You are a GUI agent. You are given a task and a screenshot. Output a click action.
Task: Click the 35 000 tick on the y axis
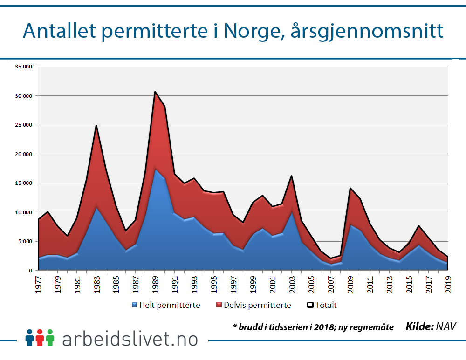click(23, 67)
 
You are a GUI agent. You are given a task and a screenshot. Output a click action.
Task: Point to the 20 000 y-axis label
click(23, 154)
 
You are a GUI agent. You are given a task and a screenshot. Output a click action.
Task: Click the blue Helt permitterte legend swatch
click(135, 305)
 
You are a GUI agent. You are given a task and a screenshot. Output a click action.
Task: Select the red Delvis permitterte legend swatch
click(220, 305)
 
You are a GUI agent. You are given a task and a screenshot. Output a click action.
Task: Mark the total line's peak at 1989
click(155, 92)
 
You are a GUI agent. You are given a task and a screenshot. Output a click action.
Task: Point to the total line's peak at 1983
click(96, 125)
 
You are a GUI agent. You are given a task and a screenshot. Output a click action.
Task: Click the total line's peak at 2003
click(291, 176)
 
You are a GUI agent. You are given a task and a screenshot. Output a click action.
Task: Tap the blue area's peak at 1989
click(155, 169)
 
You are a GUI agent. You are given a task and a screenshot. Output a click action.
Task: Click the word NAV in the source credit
click(445, 326)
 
